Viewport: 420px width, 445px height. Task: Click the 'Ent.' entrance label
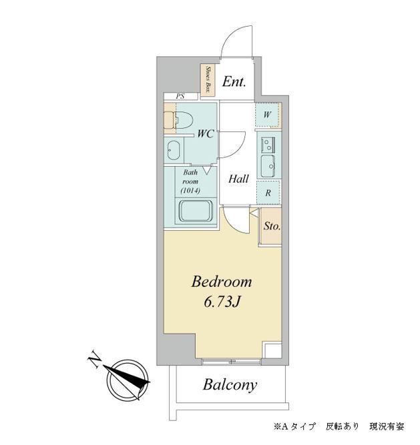(234, 82)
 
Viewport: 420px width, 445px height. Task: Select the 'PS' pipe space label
(180, 97)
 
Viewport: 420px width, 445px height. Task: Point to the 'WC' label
(205, 133)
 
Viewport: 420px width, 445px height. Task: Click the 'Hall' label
(238, 179)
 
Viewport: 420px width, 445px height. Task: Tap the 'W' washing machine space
(268, 115)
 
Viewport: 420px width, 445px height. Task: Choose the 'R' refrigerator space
(268, 193)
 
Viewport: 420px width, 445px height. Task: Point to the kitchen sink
(269, 164)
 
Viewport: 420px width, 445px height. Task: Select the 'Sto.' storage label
(271, 226)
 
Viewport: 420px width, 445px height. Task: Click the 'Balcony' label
(230, 385)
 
